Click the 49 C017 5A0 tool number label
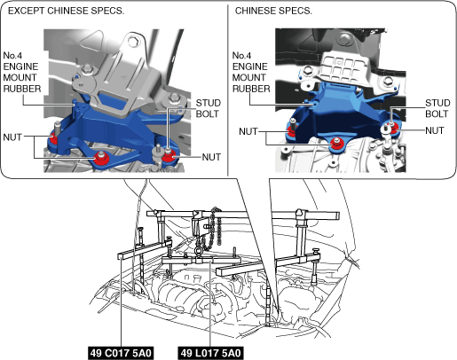click(x=121, y=353)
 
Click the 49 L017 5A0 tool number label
click(x=210, y=353)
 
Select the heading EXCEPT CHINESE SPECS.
click(x=66, y=11)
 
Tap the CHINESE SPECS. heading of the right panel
click(x=273, y=11)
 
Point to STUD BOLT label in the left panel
click(x=209, y=108)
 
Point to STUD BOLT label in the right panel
click(x=437, y=108)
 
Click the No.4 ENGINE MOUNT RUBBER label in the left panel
click(x=22, y=72)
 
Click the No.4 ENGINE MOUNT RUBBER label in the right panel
click(x=251, y=72)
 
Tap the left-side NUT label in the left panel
click(x=12, y=137)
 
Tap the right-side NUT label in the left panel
click(x=211, y=157)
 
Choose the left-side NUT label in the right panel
click(x=248, y=131)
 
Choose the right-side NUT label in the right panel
click(x=435, y=130)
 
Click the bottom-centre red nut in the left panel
click(x=101, y=159)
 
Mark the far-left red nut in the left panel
click(x=54, y=138)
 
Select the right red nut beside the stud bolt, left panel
click(x=169, y=155)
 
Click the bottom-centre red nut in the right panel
click(x=336, y=143)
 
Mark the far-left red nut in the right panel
click(x=291, y=130)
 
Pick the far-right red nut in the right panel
click(x=394, y=129)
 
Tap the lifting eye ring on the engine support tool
click(x=199, y=252)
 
